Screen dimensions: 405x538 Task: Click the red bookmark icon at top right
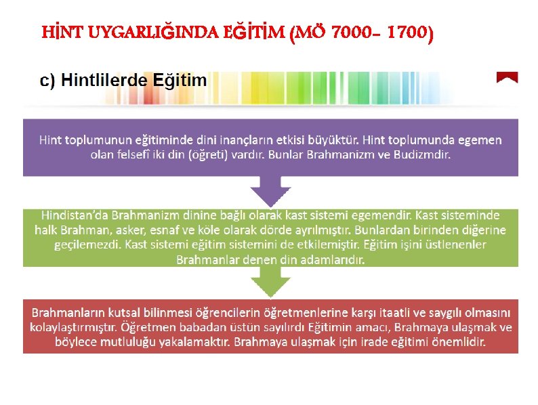click(x=507, y=78)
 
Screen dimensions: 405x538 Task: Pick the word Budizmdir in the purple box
click(x=423, y=154)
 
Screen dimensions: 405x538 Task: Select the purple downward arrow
click(x=270, y=190)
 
